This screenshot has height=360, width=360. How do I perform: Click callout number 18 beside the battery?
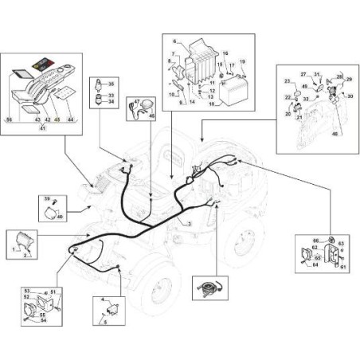212,103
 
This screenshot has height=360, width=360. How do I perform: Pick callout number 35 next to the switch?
111,84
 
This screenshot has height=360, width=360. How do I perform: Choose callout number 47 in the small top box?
136,102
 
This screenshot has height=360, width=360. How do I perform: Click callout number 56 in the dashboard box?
10,118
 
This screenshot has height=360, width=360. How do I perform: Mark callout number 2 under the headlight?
26,256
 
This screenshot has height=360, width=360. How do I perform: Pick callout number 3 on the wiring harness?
190,224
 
